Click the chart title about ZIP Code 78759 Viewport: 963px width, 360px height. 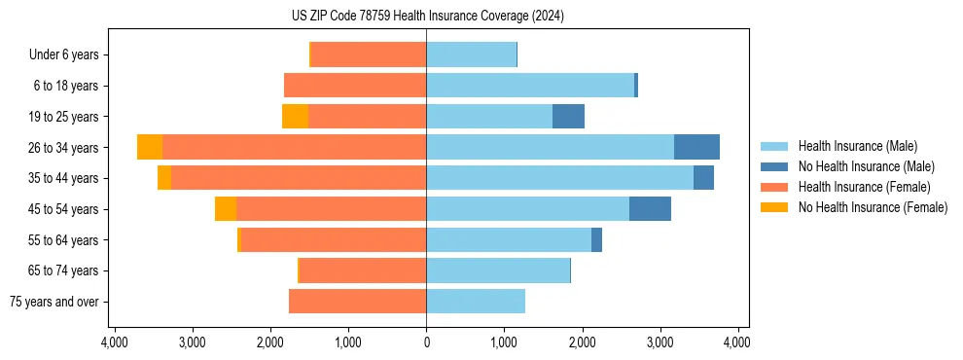(x=426, y=17)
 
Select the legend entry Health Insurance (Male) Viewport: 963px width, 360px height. (x=857, y=146)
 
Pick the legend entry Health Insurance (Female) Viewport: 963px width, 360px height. (x=864, y=187)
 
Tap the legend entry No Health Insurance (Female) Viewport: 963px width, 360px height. (x=873, y=207)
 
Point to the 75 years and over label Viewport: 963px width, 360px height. (x=54, y=302)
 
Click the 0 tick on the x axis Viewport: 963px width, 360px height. (x=426, y=342)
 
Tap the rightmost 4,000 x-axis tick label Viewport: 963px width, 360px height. (x=737, y=342)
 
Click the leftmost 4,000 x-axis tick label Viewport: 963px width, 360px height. (x=115, y=342)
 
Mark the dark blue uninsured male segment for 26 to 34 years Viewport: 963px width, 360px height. (x=696, y=147)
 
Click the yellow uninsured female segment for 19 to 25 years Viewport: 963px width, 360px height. (x=295, y=116)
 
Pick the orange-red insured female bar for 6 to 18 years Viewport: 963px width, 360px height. (x=355, y=86)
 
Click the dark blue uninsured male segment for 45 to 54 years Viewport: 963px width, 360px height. (x=650, y=208)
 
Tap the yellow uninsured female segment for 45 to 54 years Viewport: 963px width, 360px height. (x=226, y=208)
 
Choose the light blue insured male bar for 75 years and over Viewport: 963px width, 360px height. (x=476, y=302)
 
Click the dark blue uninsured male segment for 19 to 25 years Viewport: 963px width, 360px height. (x=568, y=116)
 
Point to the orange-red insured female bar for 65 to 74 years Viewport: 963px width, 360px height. (x=363, y=270)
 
